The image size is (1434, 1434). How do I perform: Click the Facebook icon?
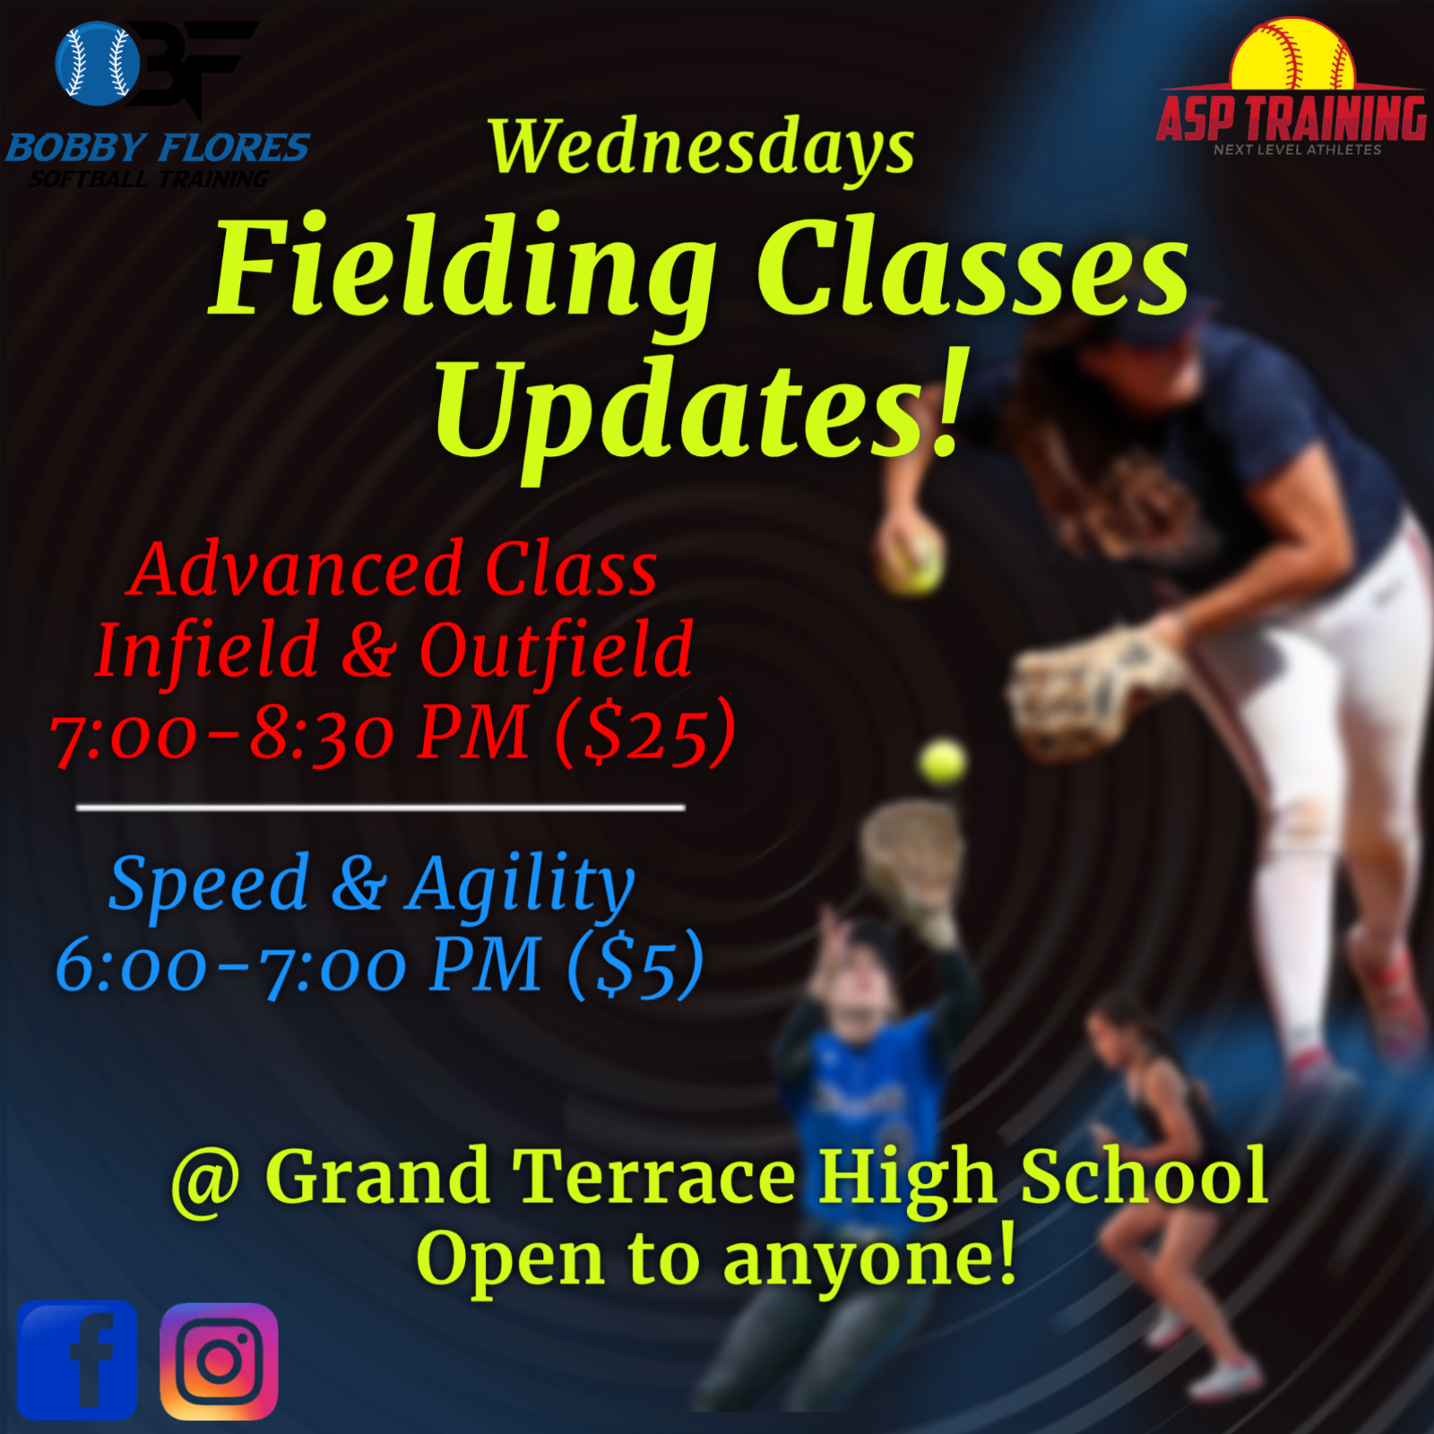(77, 1360)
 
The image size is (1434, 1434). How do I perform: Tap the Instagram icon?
(219, 1361)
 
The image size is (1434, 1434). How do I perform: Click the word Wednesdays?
(702, 148)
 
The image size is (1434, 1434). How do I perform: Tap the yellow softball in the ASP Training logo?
(1291, 54)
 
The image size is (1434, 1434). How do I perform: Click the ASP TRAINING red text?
(1291, 117)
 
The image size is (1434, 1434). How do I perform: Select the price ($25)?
(645, 733)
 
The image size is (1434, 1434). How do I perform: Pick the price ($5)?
(635, 964)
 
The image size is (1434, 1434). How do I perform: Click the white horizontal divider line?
(381, 808)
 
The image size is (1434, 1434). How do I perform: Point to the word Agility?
(521, 885)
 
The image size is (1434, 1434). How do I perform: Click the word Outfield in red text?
(557, 649)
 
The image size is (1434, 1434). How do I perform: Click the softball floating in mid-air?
(943, 764)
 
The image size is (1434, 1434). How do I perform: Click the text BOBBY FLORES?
(158, 147)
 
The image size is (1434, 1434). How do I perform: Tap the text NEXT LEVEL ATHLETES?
(1297, 150)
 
